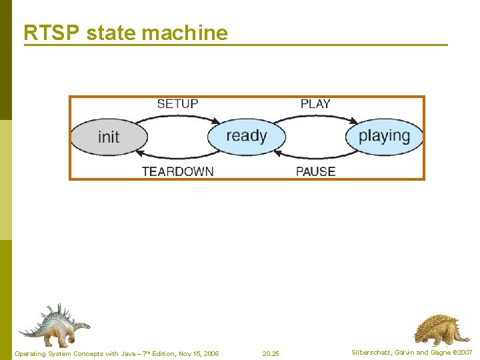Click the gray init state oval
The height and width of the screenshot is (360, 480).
point(109,137)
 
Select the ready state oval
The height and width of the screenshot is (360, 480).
point(247,136)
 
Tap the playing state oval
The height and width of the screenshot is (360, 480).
point(384,136)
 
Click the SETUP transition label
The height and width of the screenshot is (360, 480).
point(177,104)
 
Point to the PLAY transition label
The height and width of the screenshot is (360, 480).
point(315,104)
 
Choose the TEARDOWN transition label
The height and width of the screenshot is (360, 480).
point(177,171)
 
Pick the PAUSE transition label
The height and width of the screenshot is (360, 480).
point(315,171)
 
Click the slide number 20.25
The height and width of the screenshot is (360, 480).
point(271,353)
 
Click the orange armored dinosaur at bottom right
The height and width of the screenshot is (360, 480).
point(437,329)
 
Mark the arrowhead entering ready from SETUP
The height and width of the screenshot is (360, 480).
point(217,121)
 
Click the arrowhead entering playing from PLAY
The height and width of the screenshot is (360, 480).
point(354,121)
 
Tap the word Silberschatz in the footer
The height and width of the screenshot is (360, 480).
point(372,353)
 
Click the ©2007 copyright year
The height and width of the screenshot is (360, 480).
point(462,353)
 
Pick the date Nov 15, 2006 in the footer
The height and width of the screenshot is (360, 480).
point(197,353)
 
